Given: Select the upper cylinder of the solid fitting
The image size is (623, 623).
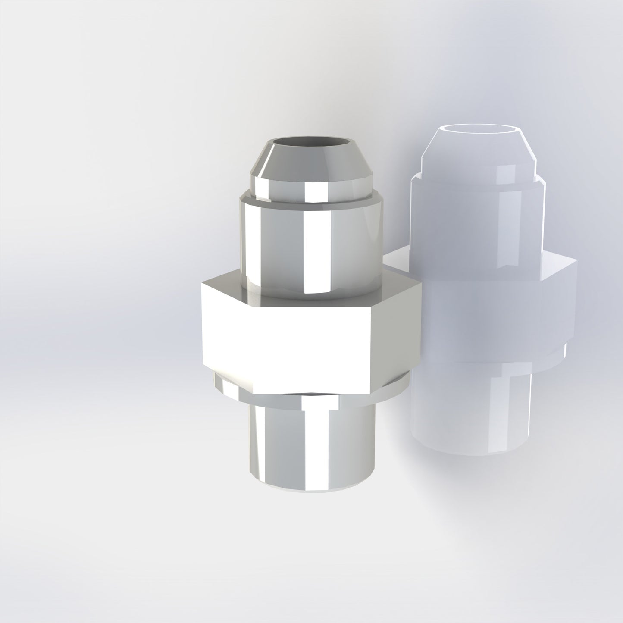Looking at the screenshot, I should point(276,246).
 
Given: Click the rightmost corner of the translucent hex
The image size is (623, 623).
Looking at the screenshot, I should point(576,261).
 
